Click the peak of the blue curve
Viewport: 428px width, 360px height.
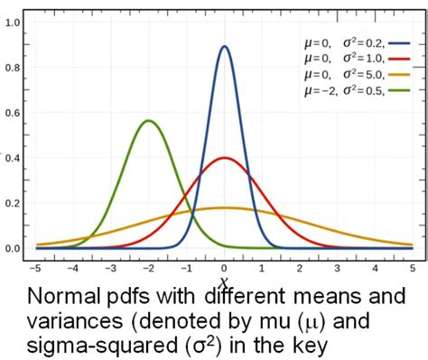[225, 47]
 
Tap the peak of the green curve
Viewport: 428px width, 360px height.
[150, 121]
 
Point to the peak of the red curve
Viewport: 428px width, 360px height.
[225, 158]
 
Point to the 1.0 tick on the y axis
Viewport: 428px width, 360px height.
[14, 22]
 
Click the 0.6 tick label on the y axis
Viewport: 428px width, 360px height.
[14, 113]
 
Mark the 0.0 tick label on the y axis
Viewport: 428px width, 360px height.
[14, 248]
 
